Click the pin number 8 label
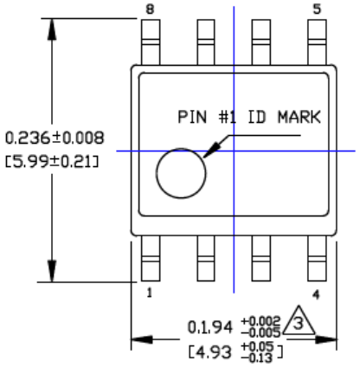click(152, 10)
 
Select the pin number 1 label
click(149, 293)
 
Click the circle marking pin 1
click(182, 172)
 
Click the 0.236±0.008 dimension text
click(55, 138)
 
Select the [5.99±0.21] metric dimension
click(55, 160)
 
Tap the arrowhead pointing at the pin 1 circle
click(210, 152)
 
